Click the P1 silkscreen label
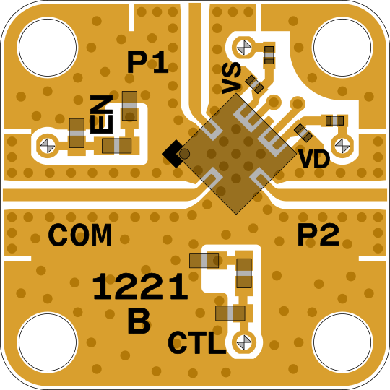point(148,62)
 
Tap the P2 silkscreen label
point(318,235)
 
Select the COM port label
point(80,235)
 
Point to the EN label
point(102,114)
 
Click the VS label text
point(232,78)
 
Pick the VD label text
point(315,160)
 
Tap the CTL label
point(196,343)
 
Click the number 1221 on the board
point(140,286)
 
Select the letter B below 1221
point(139,321)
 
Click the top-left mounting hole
point(48,48)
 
